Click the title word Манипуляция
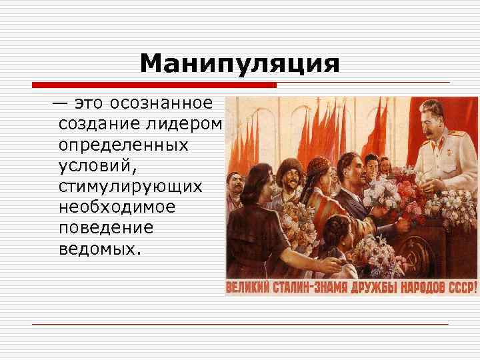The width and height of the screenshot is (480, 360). [x=240, y=65]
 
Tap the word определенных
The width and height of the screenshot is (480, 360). [x=123, y=145]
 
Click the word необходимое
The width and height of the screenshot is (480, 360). [x=117, y=207]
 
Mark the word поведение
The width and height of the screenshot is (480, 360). [x=106, y=227]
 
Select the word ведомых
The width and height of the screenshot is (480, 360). [x=100, y=248]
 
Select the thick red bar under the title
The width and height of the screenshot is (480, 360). [x=153, y=85]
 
